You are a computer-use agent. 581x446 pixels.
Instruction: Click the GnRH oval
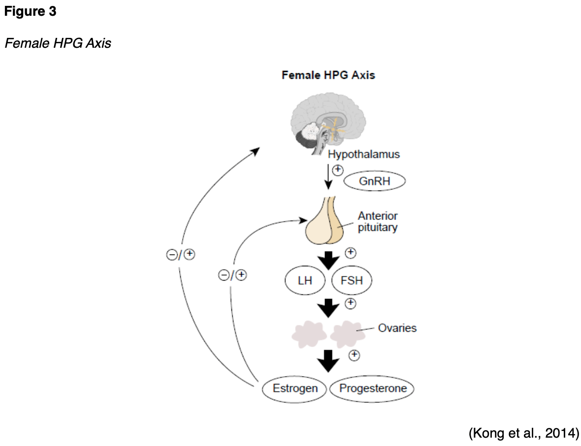(x=374, y=181)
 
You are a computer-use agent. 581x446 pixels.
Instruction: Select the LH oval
(x=305, y=281)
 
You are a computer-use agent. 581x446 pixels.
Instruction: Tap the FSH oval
(x=351, y=281)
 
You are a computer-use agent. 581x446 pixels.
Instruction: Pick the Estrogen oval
(x=295, y=388)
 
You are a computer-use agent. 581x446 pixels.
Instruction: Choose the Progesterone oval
(x=373, y=388)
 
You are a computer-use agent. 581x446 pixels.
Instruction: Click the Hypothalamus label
(x=364, y=154)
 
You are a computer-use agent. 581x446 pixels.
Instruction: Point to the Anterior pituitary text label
(x=378, y=222)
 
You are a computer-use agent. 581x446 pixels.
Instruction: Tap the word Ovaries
(x=397, y=328)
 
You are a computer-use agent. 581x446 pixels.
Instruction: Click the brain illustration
(x=328, y=123)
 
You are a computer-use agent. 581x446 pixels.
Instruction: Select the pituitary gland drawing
(x=324, y=224)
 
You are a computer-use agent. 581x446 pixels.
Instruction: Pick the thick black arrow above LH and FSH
(x=328, y=259)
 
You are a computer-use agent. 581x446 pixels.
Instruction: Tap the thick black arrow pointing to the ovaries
(x=328, y=308)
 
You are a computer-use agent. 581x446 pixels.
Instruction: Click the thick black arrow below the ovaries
(x=328, y=361)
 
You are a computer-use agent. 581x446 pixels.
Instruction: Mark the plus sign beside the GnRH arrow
(x=338, y=170)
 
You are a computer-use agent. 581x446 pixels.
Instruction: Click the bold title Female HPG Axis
(x=328, y=75)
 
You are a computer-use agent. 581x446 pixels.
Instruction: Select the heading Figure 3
(x=31, y=12)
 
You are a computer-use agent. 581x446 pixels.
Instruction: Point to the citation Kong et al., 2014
(x=523, y=433)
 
